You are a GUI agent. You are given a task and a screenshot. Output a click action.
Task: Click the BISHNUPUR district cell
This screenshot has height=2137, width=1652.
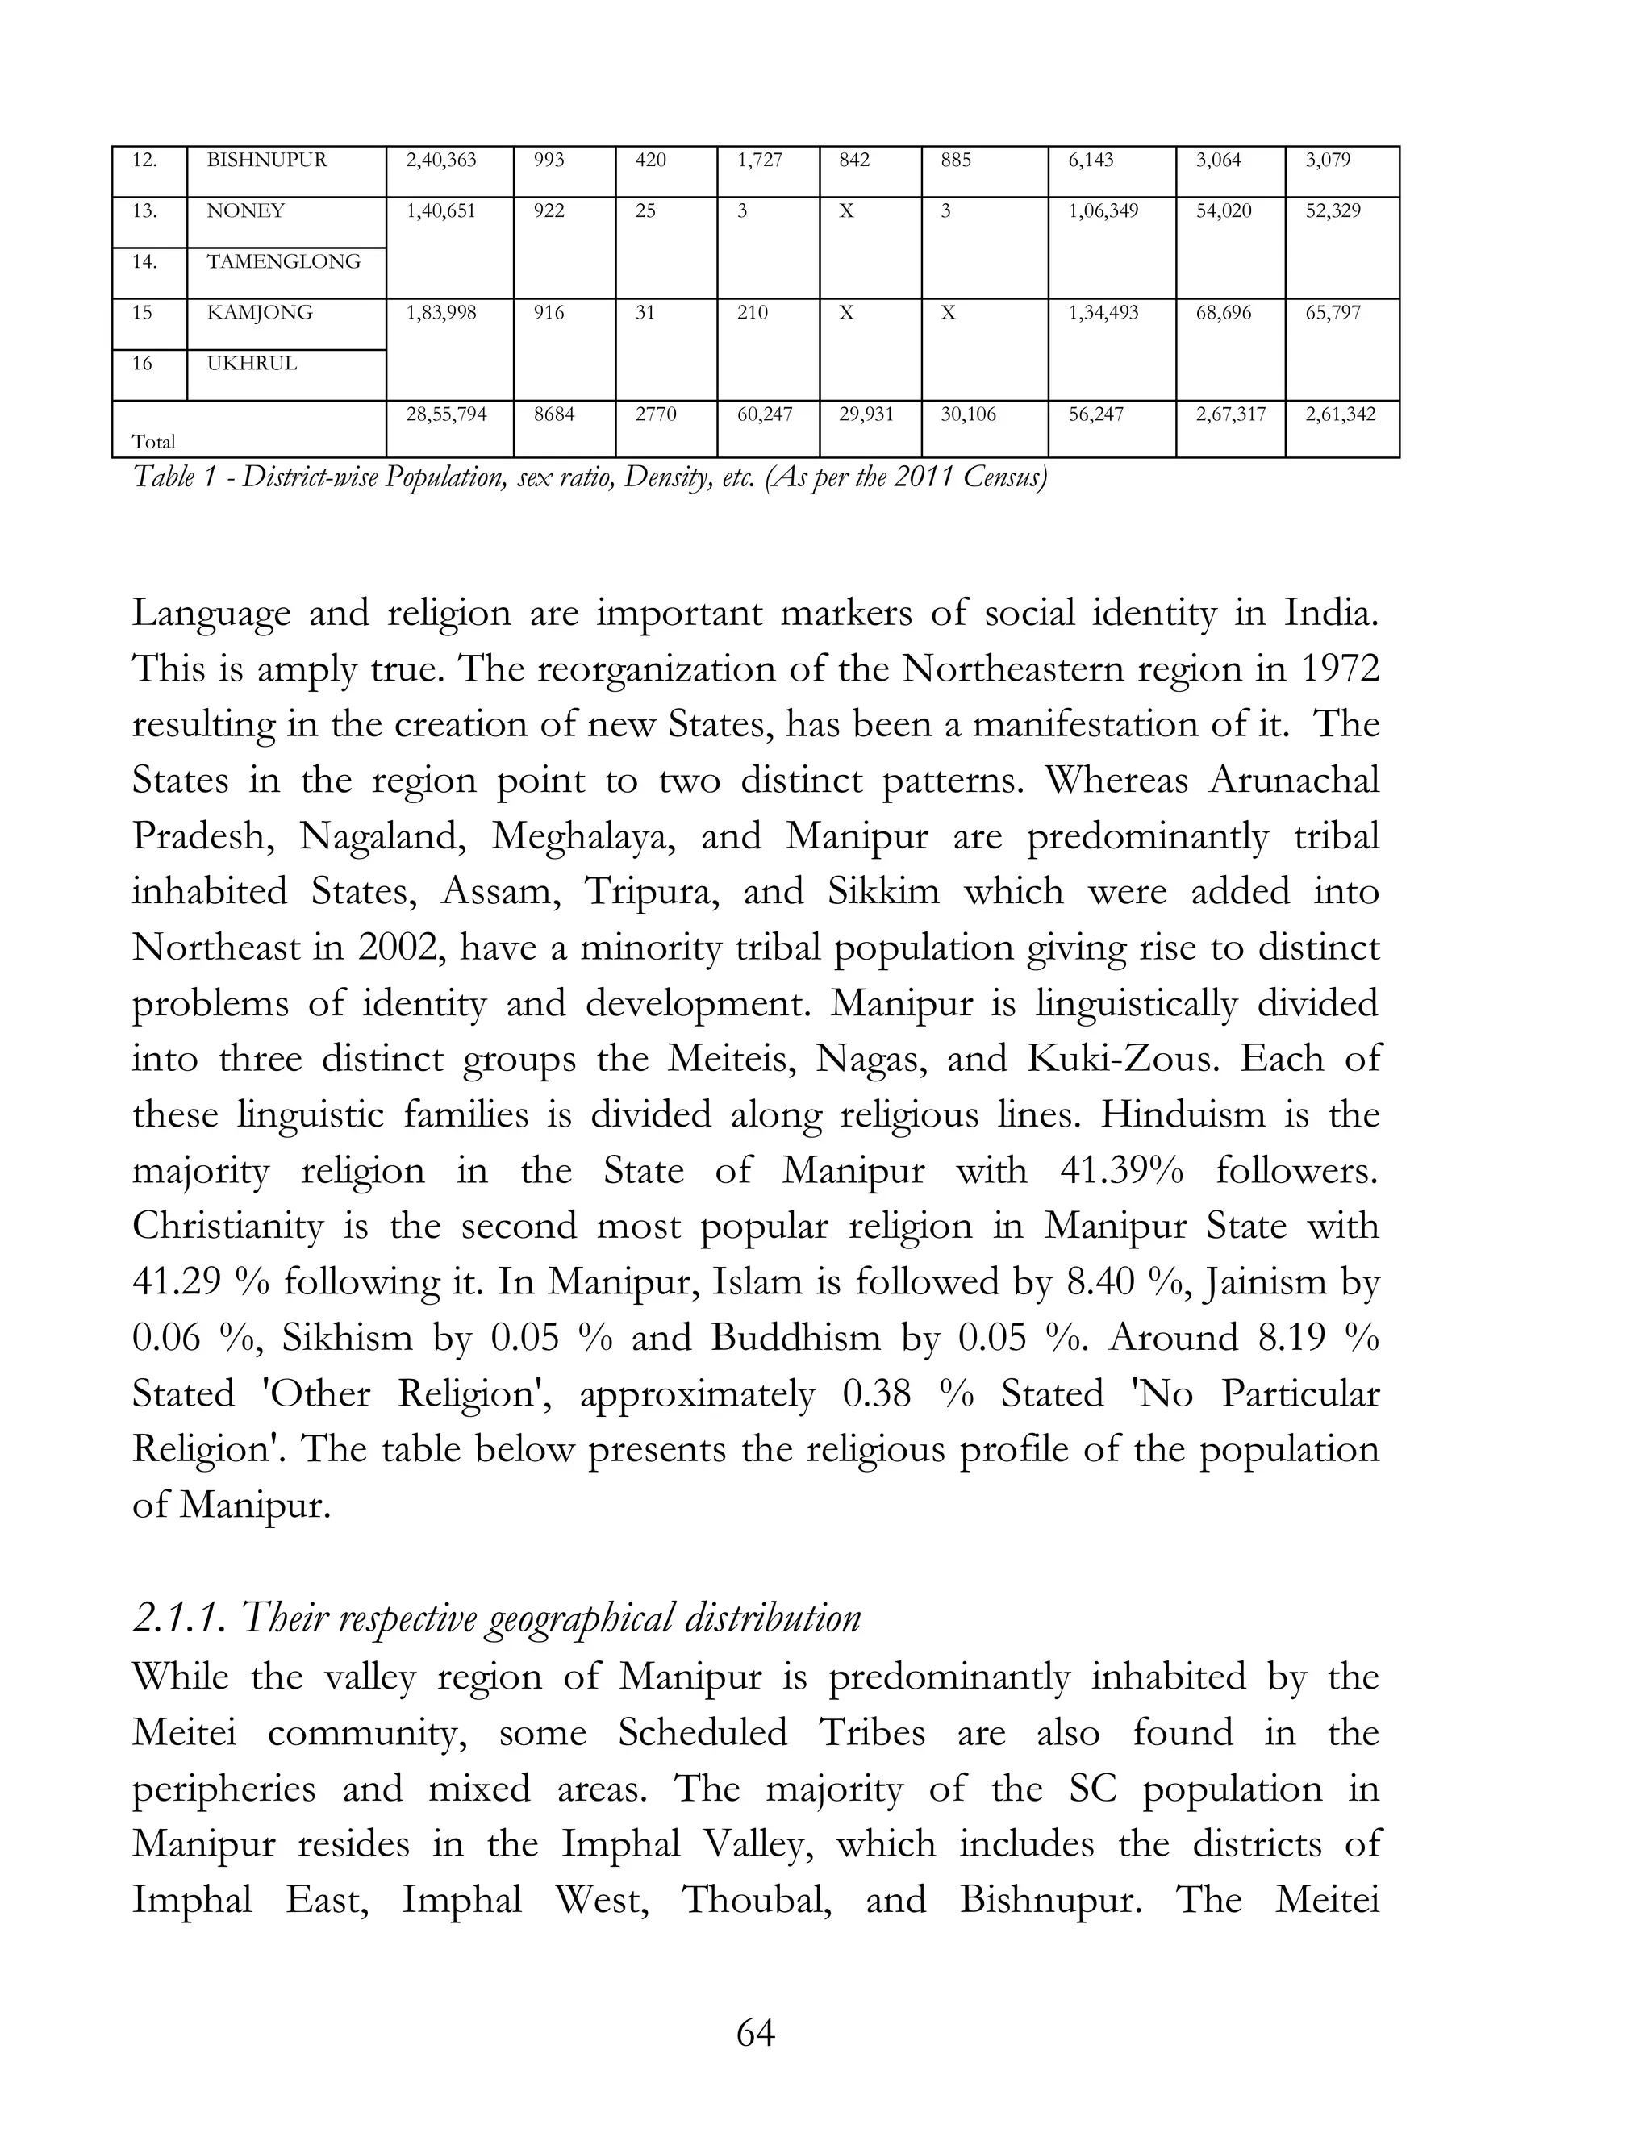click(x=266, y=160)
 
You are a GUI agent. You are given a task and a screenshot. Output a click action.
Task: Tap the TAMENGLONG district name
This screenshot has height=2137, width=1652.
click(x=284, y=262)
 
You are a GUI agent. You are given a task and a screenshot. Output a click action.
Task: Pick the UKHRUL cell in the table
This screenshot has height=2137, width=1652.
click(x=252, y=364)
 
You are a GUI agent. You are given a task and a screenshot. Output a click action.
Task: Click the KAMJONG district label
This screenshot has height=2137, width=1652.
click(x=260, y=313)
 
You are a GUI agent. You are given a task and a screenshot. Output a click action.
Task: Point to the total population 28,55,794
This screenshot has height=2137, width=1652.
click(x=446, y=414)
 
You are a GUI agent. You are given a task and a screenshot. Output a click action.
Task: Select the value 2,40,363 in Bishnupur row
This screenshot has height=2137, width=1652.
click(x=440, y=160)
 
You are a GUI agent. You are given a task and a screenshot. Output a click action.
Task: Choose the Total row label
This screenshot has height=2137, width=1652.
click(x=153, y=442)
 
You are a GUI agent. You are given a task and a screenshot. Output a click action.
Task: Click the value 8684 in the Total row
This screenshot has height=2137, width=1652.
click(x=554, y=414)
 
